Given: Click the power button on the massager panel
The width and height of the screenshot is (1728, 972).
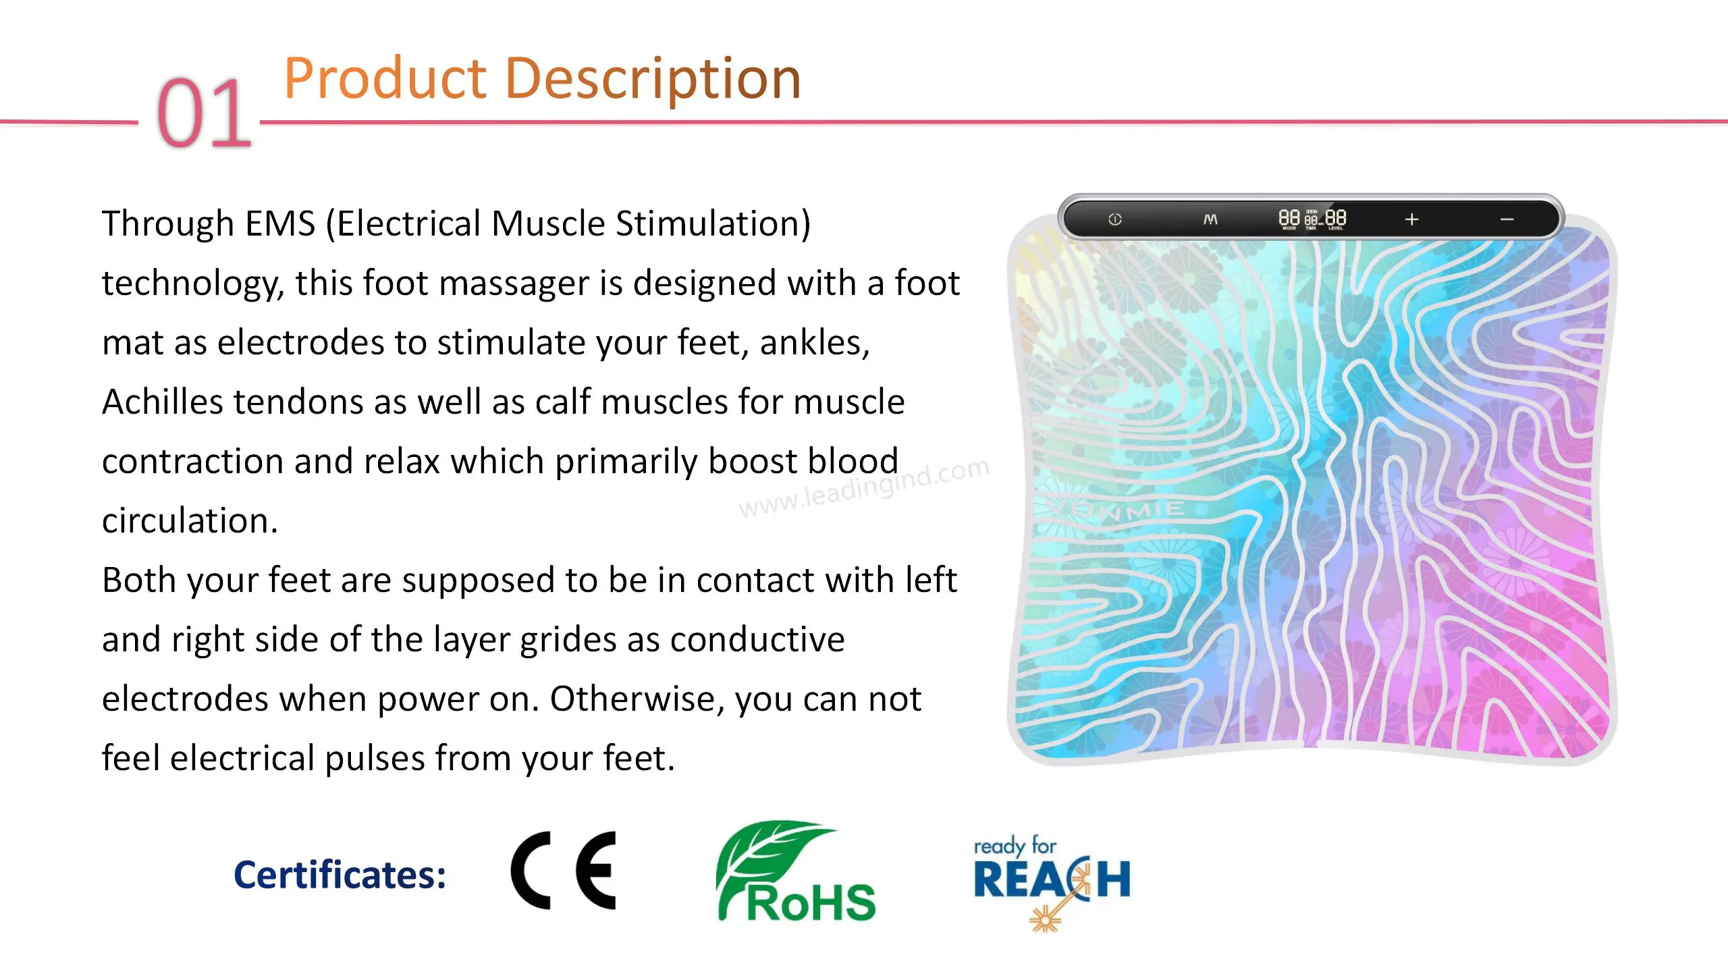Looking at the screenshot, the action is tap(1114, 219).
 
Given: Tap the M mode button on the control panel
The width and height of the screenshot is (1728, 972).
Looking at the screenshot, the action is tap(1210, 219).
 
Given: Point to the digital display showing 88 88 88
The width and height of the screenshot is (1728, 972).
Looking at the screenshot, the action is tap(1312, 219).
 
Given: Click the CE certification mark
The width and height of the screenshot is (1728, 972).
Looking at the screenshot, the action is tap(564, 870).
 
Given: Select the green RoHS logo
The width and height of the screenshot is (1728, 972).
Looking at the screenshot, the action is tap(795, 871).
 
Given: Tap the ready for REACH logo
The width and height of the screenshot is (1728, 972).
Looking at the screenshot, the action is tap(1052, 883).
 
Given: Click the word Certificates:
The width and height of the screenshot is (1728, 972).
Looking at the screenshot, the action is tap(340, 875).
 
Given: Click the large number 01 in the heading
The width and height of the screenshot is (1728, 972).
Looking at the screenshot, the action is tap(204, 112).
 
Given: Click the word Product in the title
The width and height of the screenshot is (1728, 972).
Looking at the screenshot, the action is tap(385, 78).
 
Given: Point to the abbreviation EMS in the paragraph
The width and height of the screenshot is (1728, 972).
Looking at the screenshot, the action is tap(280, 223).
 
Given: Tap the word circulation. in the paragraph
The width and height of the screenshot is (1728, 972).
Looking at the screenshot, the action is tap(190, 520).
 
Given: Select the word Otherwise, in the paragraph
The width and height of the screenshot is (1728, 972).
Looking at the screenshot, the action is tap(637, 699).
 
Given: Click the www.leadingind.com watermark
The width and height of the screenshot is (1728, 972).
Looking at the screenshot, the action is tap(865, 487).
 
